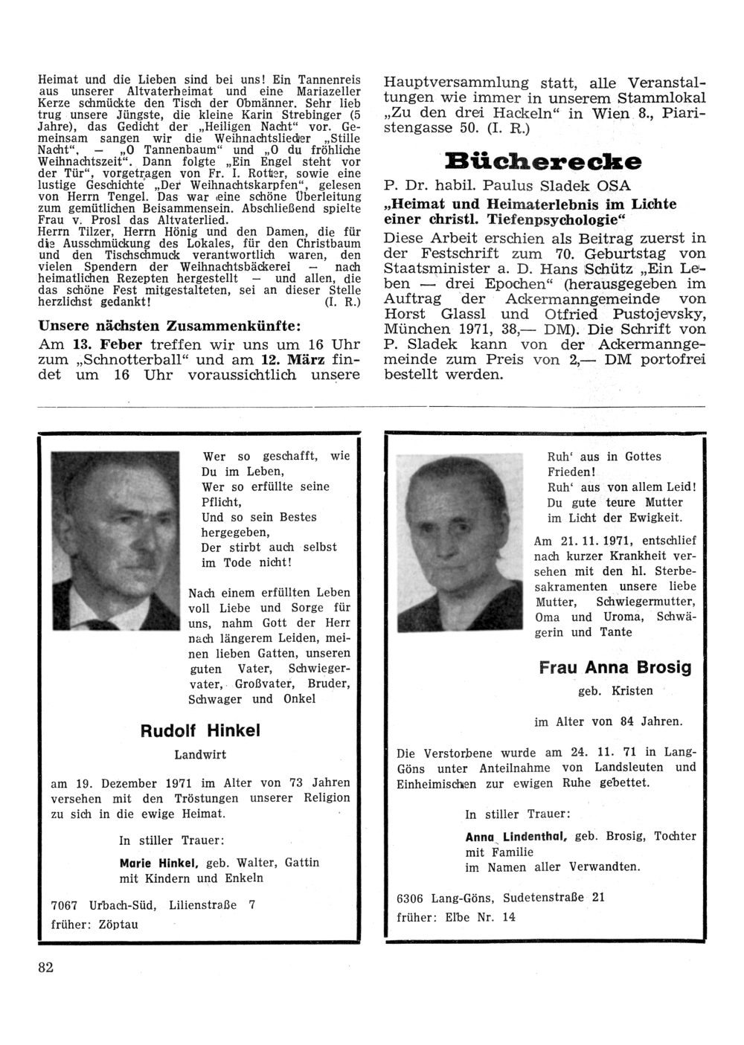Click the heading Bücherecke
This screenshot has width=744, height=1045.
point(543,160)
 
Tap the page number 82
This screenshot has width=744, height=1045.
point(45,967)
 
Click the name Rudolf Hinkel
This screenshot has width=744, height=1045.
point(200,730)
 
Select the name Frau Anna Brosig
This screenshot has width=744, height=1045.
point(615,667)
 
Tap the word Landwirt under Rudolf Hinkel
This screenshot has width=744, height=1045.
point(200,754)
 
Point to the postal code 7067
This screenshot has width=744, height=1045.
point(65,905)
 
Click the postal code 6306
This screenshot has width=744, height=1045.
point(411,897)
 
